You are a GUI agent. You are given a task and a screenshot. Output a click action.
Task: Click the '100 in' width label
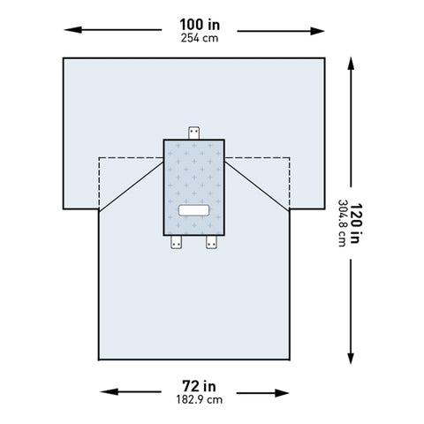click(195, 23)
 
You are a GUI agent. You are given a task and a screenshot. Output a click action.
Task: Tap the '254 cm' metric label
click(195, 38)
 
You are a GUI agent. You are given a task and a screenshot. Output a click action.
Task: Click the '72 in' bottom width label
click(195, 386)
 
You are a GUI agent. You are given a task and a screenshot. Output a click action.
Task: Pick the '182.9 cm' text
click(195, 401)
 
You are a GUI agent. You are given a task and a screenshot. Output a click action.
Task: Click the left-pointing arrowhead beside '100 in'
click(69, 30)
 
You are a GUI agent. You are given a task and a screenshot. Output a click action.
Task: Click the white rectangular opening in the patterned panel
click(193, 211)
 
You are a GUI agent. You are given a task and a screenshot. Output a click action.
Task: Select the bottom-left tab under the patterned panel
click(175, 241)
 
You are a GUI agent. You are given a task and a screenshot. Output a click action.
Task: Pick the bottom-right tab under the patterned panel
click(212, 241)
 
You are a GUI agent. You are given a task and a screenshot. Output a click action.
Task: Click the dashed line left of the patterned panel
click(124, 158)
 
